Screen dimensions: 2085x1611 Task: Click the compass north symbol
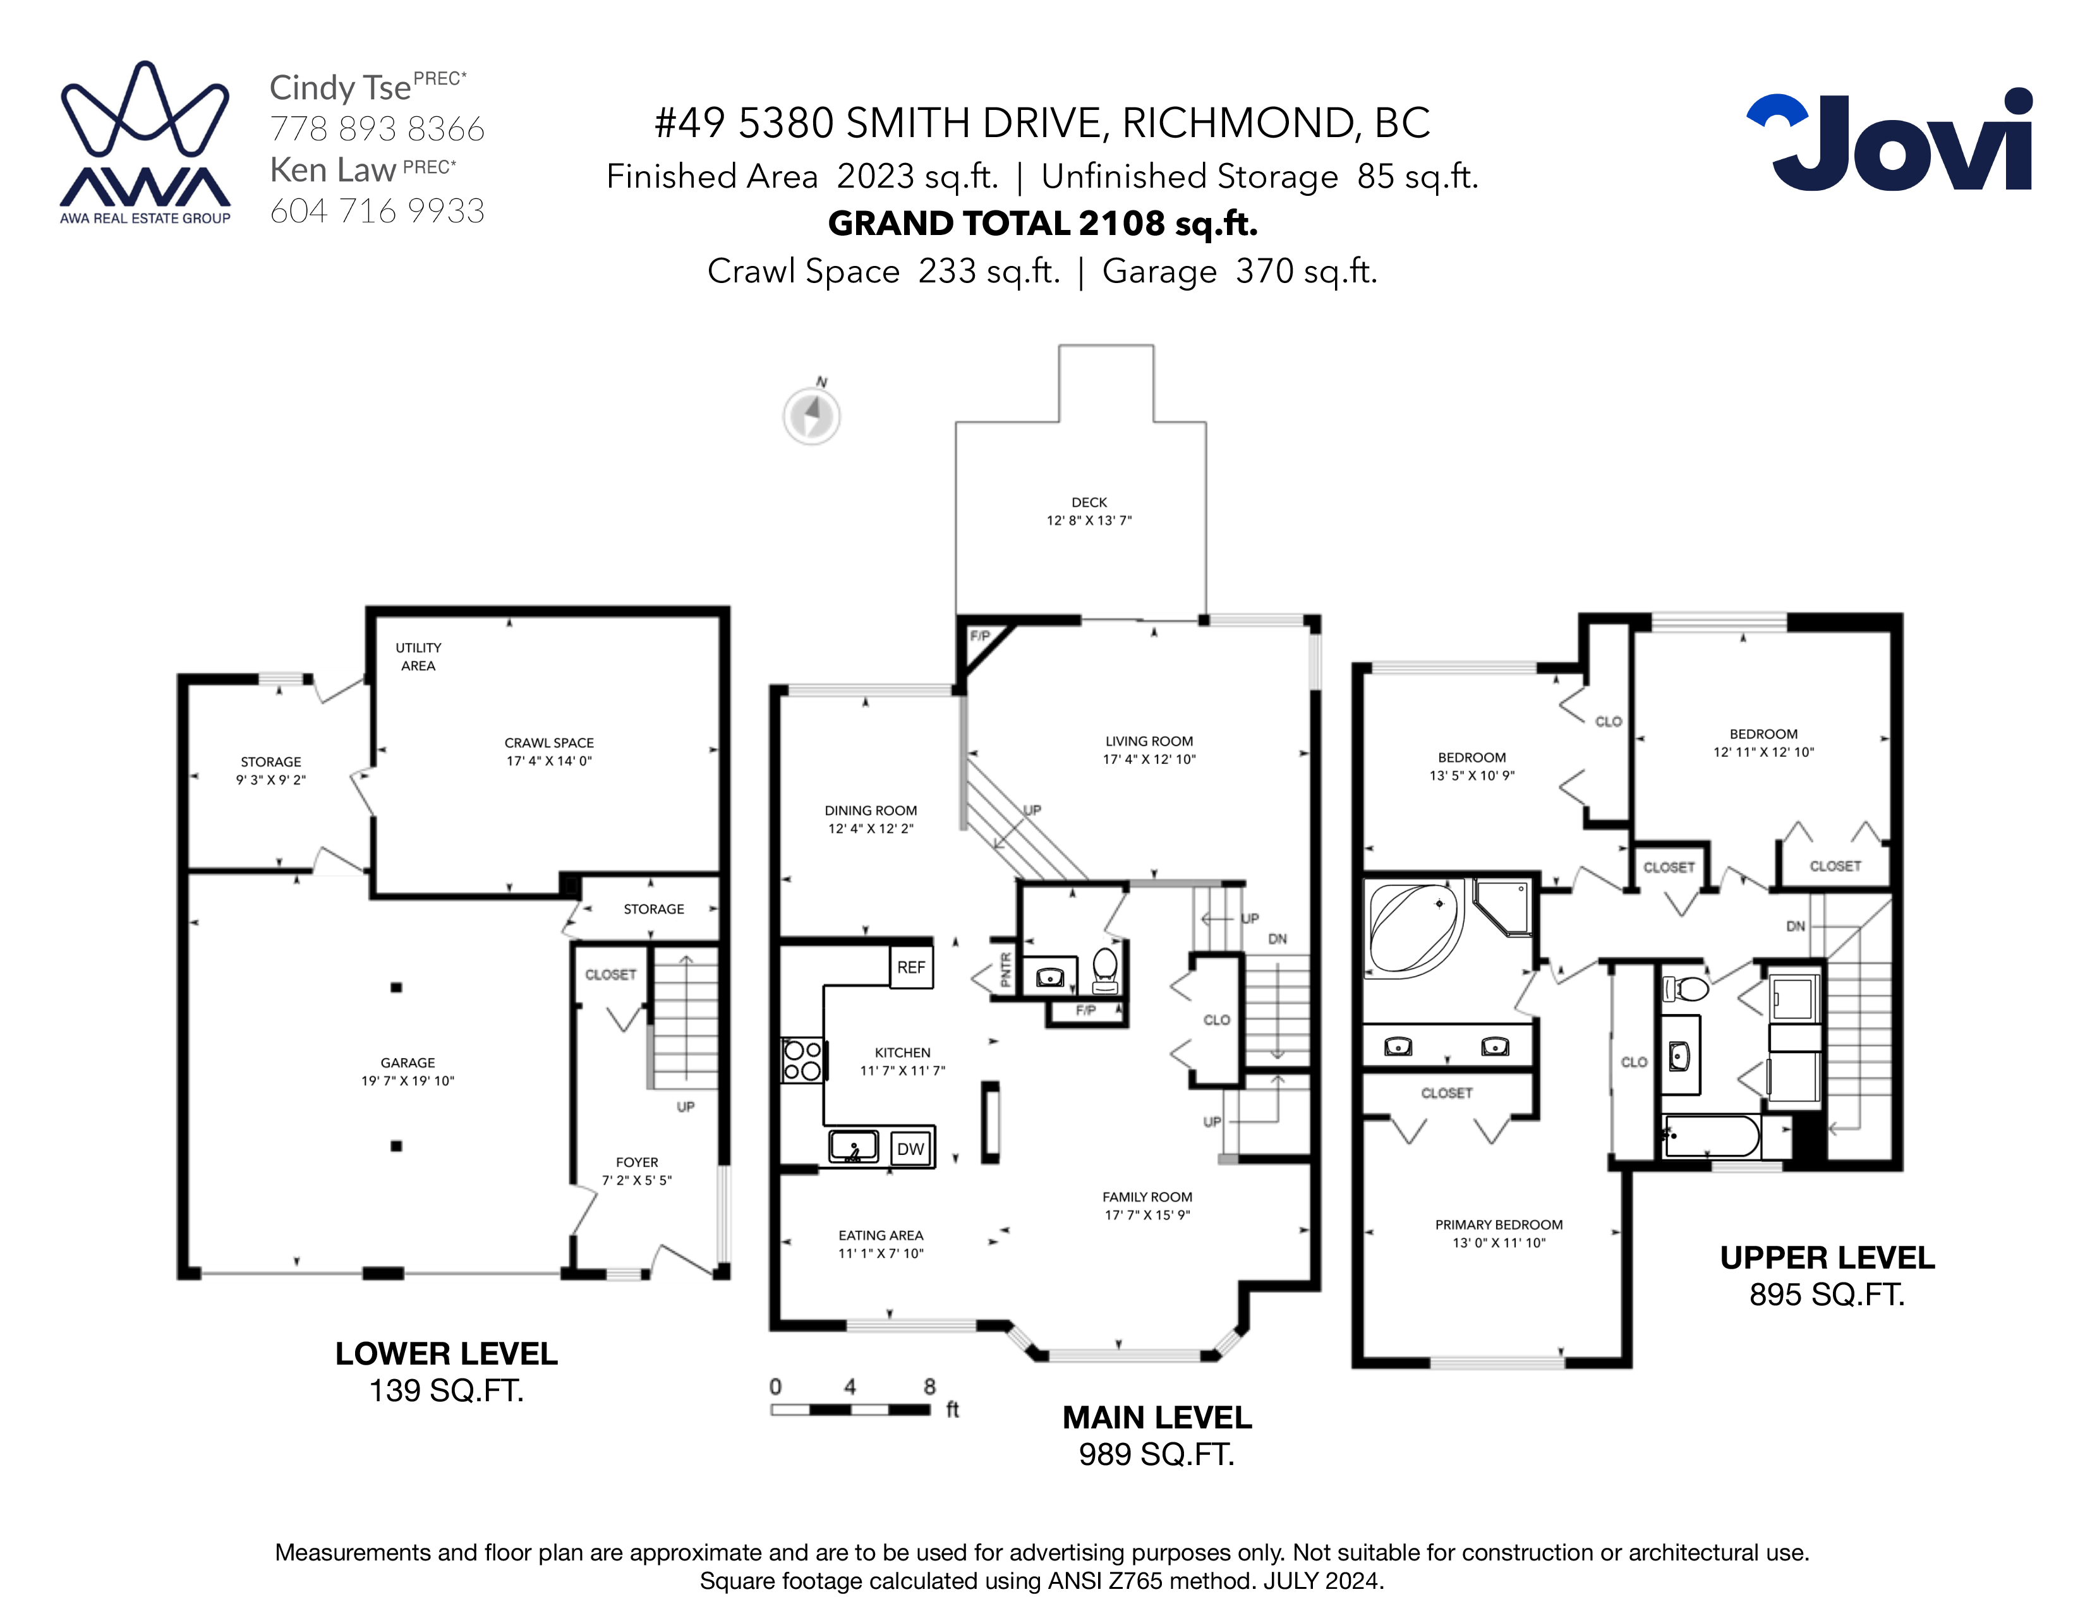[x=811, y=413]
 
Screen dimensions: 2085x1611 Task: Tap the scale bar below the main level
[x=850, y=1409]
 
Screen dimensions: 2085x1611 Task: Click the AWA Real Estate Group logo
[x=145, y=143]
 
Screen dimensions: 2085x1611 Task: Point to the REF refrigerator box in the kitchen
[x=910, y=967]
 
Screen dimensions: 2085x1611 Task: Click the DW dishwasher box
[x=910, y=1148]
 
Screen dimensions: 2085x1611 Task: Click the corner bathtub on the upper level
[x=1414, y=927]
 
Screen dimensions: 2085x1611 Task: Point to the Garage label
[x=408, y=1062]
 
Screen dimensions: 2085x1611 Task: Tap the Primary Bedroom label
[x=1499, y=1224]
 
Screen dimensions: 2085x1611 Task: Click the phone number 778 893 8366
[x=377, y=129]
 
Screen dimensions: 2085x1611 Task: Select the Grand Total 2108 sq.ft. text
[x=1042, y=223]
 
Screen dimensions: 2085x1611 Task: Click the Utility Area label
[x=418, y=656]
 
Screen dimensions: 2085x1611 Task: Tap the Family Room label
[x=1147, y=1197]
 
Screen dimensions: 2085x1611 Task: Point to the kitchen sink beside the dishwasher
[x=854, y=1146]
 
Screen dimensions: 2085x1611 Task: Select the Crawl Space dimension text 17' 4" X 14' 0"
[x=549, y=761]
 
